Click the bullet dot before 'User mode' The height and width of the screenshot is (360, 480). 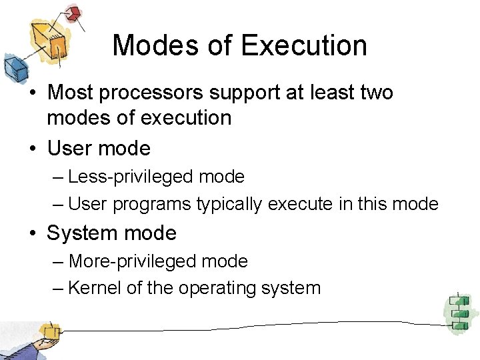33,149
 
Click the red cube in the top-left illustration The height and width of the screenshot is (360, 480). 75,13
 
